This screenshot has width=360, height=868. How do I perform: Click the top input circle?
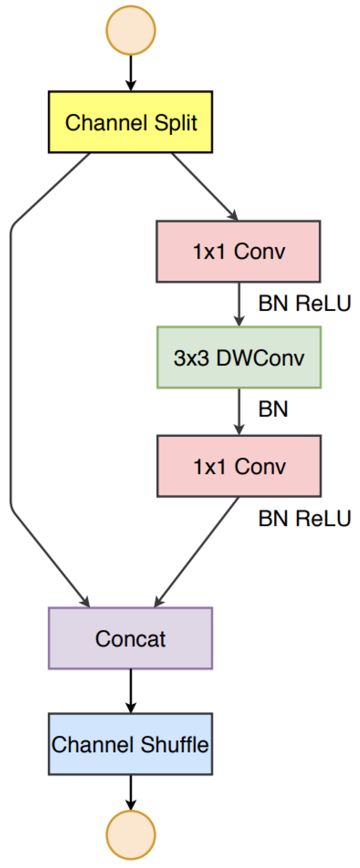click(131, 30)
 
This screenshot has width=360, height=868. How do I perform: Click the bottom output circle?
click(131, 835)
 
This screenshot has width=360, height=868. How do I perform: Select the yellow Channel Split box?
click(130, 122)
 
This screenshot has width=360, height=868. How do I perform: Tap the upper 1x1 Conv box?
click(238, 251)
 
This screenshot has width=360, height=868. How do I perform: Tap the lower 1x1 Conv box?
click(239, 466)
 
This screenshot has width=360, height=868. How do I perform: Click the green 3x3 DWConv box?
click(239, 357)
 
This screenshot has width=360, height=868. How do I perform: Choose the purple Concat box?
click(130, 638)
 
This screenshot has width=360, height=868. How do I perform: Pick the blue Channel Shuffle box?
click(130, 744)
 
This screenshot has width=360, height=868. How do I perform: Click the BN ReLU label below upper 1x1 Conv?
click(304, 303)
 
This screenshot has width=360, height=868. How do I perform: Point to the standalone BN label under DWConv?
click(273, 409)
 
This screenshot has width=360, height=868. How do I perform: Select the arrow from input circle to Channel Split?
click(131, 72)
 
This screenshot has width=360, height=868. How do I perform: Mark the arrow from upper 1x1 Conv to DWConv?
click(239, 303)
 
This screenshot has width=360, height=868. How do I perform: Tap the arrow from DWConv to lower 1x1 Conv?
click(239, 411)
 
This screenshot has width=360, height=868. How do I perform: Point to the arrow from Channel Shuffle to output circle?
click(131, 792)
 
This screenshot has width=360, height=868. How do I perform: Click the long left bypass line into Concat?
click(11, 371)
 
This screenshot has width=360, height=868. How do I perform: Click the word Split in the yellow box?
click(175, 123)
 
